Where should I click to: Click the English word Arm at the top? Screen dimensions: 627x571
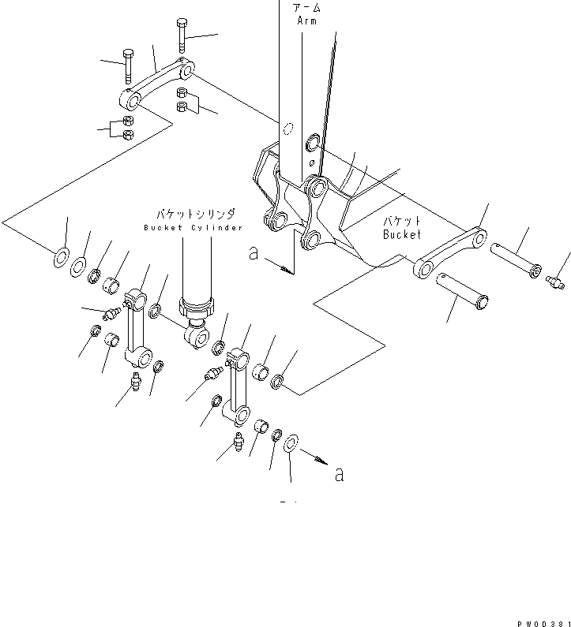click(x=306, y=21)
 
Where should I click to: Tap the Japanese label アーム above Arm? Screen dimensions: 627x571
click(x=306, y=9)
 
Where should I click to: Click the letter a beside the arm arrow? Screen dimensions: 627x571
click(x=254, y=253)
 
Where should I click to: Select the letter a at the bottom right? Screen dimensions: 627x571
click(x=339, y=475)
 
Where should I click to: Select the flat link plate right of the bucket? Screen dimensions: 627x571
click(x=450, y=252)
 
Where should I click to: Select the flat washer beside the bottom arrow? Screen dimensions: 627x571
click(x=289, y=443)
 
